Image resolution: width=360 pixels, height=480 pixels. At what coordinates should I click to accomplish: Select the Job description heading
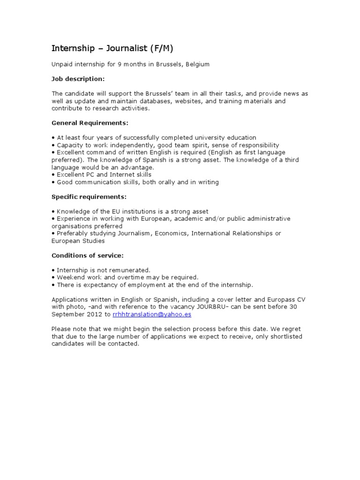(78, 79)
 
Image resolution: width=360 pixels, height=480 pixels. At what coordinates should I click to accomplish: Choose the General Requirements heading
(90, 123)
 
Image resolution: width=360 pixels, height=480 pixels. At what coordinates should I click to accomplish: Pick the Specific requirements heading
(89, 196)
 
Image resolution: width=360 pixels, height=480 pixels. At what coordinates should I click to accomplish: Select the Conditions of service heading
(87, 255)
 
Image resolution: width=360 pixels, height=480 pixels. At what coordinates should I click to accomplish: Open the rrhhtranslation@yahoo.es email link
(152, 315)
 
